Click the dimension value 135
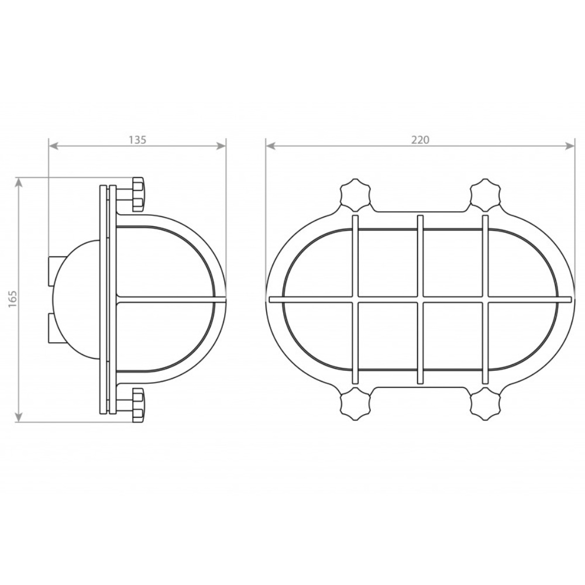[137, 140]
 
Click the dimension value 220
[421, 140]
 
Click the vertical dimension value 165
[13, 298]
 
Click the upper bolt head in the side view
[139, 193]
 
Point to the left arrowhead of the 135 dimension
[54, 146]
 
